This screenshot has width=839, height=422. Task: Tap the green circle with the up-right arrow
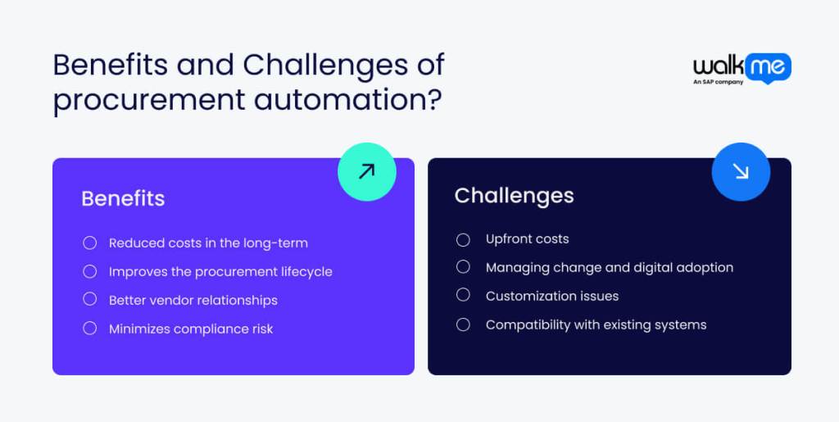click(x=366, y=171)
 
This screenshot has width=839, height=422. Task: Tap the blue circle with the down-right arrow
click(x=740, y=171)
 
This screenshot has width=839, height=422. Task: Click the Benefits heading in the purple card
click(x=123, y=198)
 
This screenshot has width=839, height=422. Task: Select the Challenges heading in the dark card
click(x=514, y=196)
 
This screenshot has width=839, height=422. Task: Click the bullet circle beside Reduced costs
click(x=90, y=243)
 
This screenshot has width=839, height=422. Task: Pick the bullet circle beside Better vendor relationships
click(x=90, y=300)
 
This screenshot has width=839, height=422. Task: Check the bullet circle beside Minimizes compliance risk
click(x=90, y=329)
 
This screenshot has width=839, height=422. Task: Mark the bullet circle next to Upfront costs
click(x=463, y=239)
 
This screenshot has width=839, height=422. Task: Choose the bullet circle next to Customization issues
click(x=463, y=296)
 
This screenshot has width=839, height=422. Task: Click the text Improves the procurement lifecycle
click(x=220, y=272)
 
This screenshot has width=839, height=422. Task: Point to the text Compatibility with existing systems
click(x=596, y=325)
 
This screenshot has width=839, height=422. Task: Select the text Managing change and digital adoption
click(x=609, y=268)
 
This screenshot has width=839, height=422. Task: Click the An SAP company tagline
click(x=719, y=82)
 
